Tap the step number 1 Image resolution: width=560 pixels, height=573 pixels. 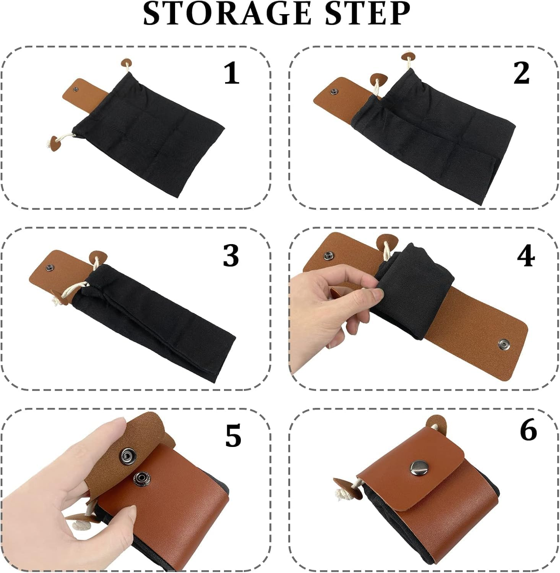point(232,73)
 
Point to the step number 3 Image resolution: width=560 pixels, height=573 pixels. point(231,255)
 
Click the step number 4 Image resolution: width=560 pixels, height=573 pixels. point(526,256)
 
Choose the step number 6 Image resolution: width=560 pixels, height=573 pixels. point(529,430)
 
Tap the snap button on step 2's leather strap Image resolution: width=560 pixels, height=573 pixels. point(335,92)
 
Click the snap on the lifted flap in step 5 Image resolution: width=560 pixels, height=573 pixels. point(126,454)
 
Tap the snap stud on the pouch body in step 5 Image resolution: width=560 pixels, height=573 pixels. point(140,477)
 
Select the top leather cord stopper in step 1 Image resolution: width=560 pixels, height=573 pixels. point(126,63)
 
